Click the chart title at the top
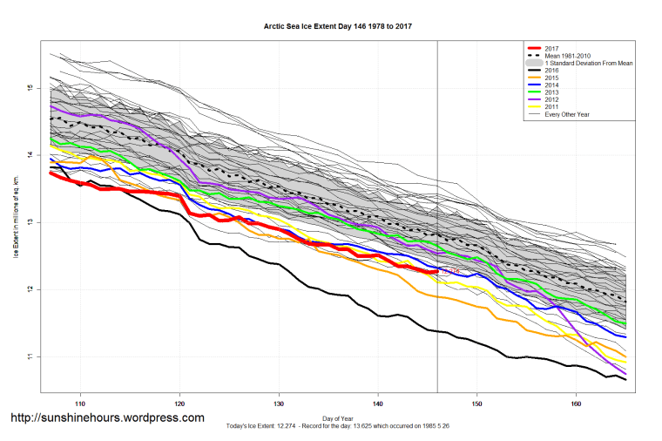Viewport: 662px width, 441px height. (338, 26)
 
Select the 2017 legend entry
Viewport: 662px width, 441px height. (550, 48)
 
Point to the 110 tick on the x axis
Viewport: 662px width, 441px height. (80, 404)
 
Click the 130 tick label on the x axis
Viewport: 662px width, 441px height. (279, 404)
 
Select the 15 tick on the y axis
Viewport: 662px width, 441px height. (29, 88)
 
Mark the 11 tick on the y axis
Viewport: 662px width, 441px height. (29, 356)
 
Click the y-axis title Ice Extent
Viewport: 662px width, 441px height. (16, 222)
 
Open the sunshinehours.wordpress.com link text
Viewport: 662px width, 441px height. (107, 418)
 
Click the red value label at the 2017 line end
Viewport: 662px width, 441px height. (450, 272)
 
